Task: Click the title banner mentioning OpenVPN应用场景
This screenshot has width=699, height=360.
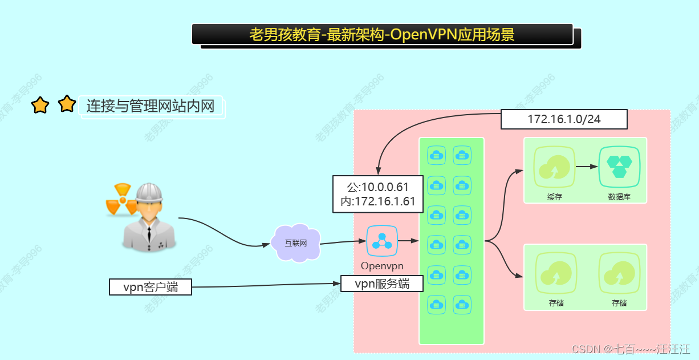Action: [x=382, y=34]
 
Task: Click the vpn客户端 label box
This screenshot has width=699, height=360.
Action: [x=150, y=287]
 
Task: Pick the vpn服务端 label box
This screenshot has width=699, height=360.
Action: [x=382, y=284]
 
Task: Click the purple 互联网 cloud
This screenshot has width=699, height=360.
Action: [x=296, y=242]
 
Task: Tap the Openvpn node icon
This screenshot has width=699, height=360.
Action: [x=381, y=241]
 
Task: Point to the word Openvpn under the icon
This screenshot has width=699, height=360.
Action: [x=382, y=266]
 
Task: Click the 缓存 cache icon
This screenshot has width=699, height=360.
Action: [x=555, y=167]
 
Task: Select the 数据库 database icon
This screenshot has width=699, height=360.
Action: [x=619, y=167]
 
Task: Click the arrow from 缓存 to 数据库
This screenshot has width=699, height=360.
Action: [x=587, y=167]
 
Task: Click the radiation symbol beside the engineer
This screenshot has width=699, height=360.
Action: [x=121, y=199]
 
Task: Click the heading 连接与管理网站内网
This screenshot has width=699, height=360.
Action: [x=151, y=106]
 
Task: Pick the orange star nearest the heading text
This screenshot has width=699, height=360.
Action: [x=67, y=104]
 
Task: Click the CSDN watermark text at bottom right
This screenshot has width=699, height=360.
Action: [x=631, y=349]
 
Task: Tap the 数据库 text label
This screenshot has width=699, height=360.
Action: [x=619, y=197]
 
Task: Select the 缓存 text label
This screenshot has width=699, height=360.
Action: [x=555, y=197]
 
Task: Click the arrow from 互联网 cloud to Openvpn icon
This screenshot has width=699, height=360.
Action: [x=342, y=242]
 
